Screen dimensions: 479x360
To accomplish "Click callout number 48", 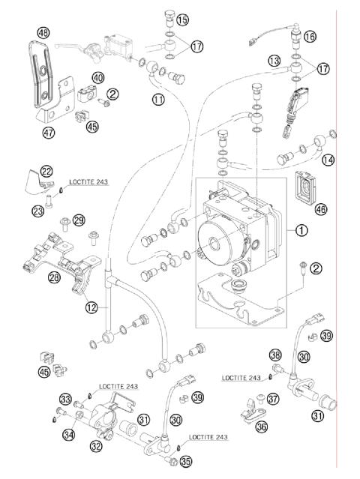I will (43, 32).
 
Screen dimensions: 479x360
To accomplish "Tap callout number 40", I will (98, 77).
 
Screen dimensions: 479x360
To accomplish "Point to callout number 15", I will (183, 19).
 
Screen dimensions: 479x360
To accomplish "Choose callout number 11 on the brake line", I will (158, 99).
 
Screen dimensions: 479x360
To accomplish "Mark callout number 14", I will (327, 160).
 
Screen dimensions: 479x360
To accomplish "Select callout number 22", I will (46, 172).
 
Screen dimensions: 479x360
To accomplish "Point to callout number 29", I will (79, 219).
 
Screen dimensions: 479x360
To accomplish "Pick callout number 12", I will (91, 306).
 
